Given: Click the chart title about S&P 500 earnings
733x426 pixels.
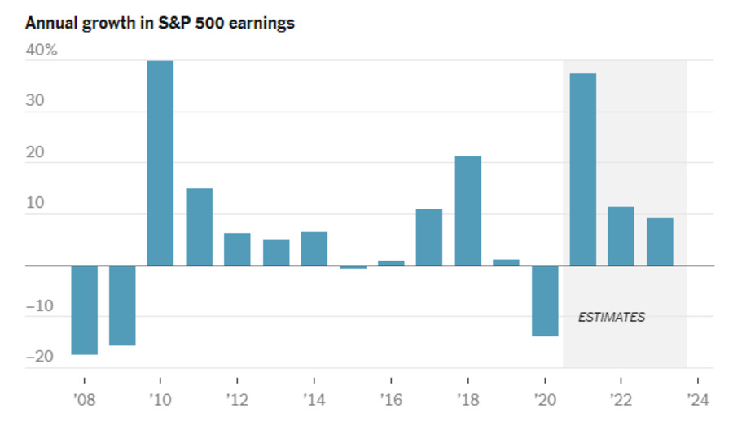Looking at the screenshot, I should point(160,23).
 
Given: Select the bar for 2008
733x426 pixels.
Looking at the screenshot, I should point(84,310).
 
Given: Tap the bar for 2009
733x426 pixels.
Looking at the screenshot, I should point(122,305).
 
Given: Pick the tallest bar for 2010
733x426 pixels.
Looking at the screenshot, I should point(160,163).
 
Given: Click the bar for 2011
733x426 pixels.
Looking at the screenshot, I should point(199,226).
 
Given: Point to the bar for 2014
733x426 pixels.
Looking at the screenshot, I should point(314,248).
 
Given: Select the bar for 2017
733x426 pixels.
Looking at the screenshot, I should point(429,237).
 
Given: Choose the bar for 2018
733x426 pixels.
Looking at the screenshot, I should point(467,210).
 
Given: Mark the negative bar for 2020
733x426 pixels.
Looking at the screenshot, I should point(545,301).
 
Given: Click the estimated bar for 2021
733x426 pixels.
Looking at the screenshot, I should point(583,169).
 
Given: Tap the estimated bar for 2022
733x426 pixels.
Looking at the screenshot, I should point(621,235).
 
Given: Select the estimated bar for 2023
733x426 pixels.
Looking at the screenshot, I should point(660,241).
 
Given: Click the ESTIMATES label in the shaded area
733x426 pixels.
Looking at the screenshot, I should point(611,318).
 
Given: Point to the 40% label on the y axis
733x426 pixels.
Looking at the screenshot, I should point(42,51).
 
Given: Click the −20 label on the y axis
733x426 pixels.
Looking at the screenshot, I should point(39,356).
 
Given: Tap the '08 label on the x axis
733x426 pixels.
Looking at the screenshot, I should point(84,401).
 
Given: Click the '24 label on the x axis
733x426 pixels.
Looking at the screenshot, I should point(697,401).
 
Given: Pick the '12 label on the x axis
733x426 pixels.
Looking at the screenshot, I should point(237,401).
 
